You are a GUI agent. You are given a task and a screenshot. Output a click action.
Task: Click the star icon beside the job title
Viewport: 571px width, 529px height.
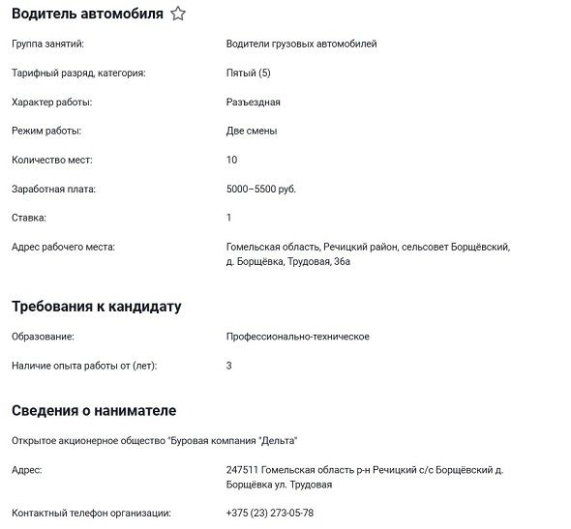pos(178,14)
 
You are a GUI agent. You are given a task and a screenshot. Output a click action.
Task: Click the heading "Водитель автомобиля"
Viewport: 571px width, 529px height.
pos(87,14)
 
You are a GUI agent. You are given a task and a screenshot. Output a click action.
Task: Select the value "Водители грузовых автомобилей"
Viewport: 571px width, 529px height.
pos(301,44)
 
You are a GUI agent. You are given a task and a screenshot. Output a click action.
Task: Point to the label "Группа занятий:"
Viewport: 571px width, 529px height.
pos(47,44)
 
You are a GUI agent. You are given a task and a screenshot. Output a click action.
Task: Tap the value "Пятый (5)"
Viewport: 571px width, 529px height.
pos(249,73)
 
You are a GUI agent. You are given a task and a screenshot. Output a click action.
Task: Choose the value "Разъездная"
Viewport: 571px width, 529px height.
pos(253,102)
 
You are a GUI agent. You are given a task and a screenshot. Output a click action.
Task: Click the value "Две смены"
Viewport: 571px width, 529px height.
pos(252,131)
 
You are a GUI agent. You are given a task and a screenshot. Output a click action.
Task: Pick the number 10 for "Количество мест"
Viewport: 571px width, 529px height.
pos(231,160)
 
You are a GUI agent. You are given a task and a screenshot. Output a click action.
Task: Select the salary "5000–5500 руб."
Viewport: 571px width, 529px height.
pos(260,189)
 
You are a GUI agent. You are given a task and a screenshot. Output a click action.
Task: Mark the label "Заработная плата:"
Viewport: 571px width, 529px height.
pos(53,189)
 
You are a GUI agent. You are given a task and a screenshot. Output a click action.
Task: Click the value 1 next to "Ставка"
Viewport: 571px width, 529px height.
pos(228,218)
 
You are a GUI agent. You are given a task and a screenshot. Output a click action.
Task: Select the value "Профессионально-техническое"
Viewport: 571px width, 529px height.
pos(297,337)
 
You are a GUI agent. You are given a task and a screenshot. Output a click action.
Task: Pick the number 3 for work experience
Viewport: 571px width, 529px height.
pos(228,366)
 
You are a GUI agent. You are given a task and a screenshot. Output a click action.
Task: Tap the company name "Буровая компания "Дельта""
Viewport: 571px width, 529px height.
pos(232,440)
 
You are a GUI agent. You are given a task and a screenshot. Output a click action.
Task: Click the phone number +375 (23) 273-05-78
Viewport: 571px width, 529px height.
pos(269,513)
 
